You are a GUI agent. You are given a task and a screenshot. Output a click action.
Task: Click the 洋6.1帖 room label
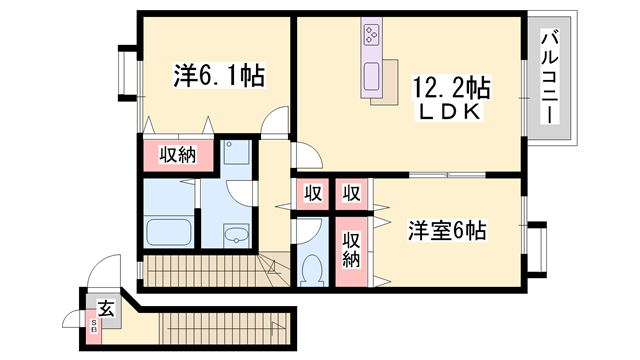click(220, 76)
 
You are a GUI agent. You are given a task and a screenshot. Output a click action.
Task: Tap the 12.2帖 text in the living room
click(451, 88)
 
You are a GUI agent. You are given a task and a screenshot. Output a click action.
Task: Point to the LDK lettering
click(449, 112)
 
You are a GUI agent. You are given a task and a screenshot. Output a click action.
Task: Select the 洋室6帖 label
click(447, 231)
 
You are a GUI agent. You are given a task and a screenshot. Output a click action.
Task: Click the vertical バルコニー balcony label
click(549, 76)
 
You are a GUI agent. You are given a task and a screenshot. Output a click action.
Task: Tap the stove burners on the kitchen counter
click(372, 35)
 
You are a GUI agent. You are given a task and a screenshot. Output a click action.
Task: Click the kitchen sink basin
click(371, 76)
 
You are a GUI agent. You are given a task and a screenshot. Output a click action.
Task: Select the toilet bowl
click(313, 270)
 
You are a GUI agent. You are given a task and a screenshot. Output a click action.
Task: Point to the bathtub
click(169, 232)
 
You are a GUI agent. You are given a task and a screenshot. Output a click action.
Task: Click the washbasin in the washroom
click(236, 236)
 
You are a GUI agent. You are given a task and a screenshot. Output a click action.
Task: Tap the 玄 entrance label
click(106, 309)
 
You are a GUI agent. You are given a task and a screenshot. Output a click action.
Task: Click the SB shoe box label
click(94, 325)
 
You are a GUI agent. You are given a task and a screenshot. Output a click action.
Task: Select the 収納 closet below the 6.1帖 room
click(178, 155)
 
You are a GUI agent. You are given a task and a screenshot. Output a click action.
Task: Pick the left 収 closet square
click(313, 193)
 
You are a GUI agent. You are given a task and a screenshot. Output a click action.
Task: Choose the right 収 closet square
click(351, 193)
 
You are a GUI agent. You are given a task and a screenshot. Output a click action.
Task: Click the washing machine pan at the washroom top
click(236, 152)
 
